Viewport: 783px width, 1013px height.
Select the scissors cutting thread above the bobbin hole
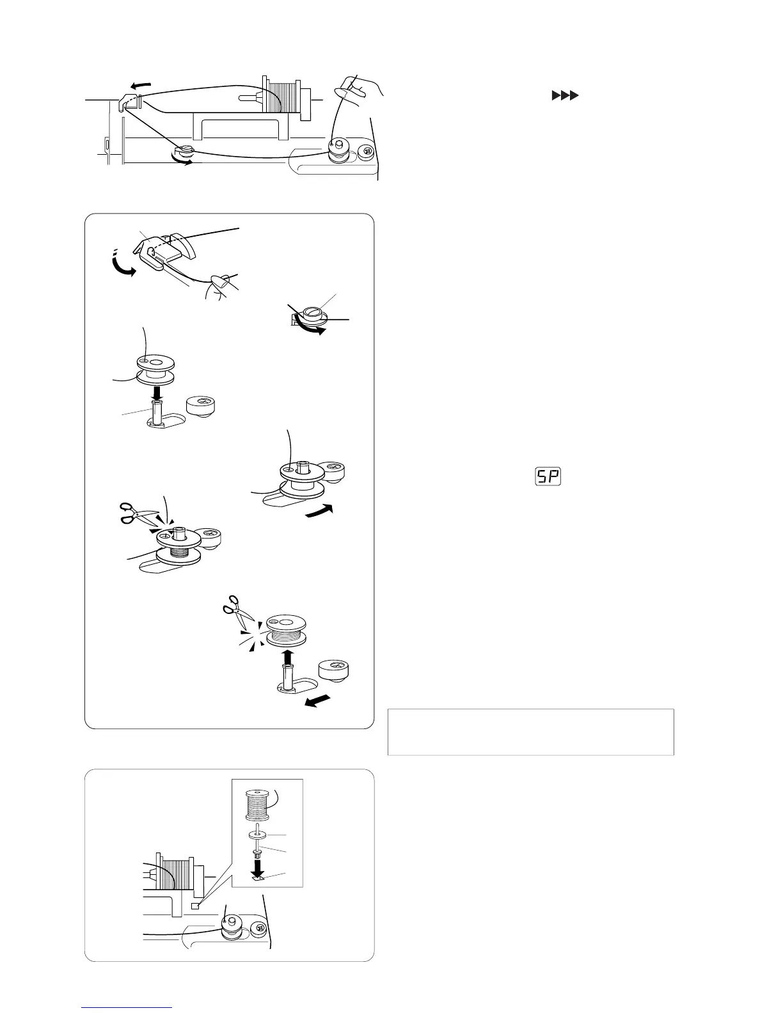click(137, 513)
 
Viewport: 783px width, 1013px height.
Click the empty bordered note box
click(531, 732)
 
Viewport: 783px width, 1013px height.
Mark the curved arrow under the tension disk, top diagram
click(182, 162)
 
